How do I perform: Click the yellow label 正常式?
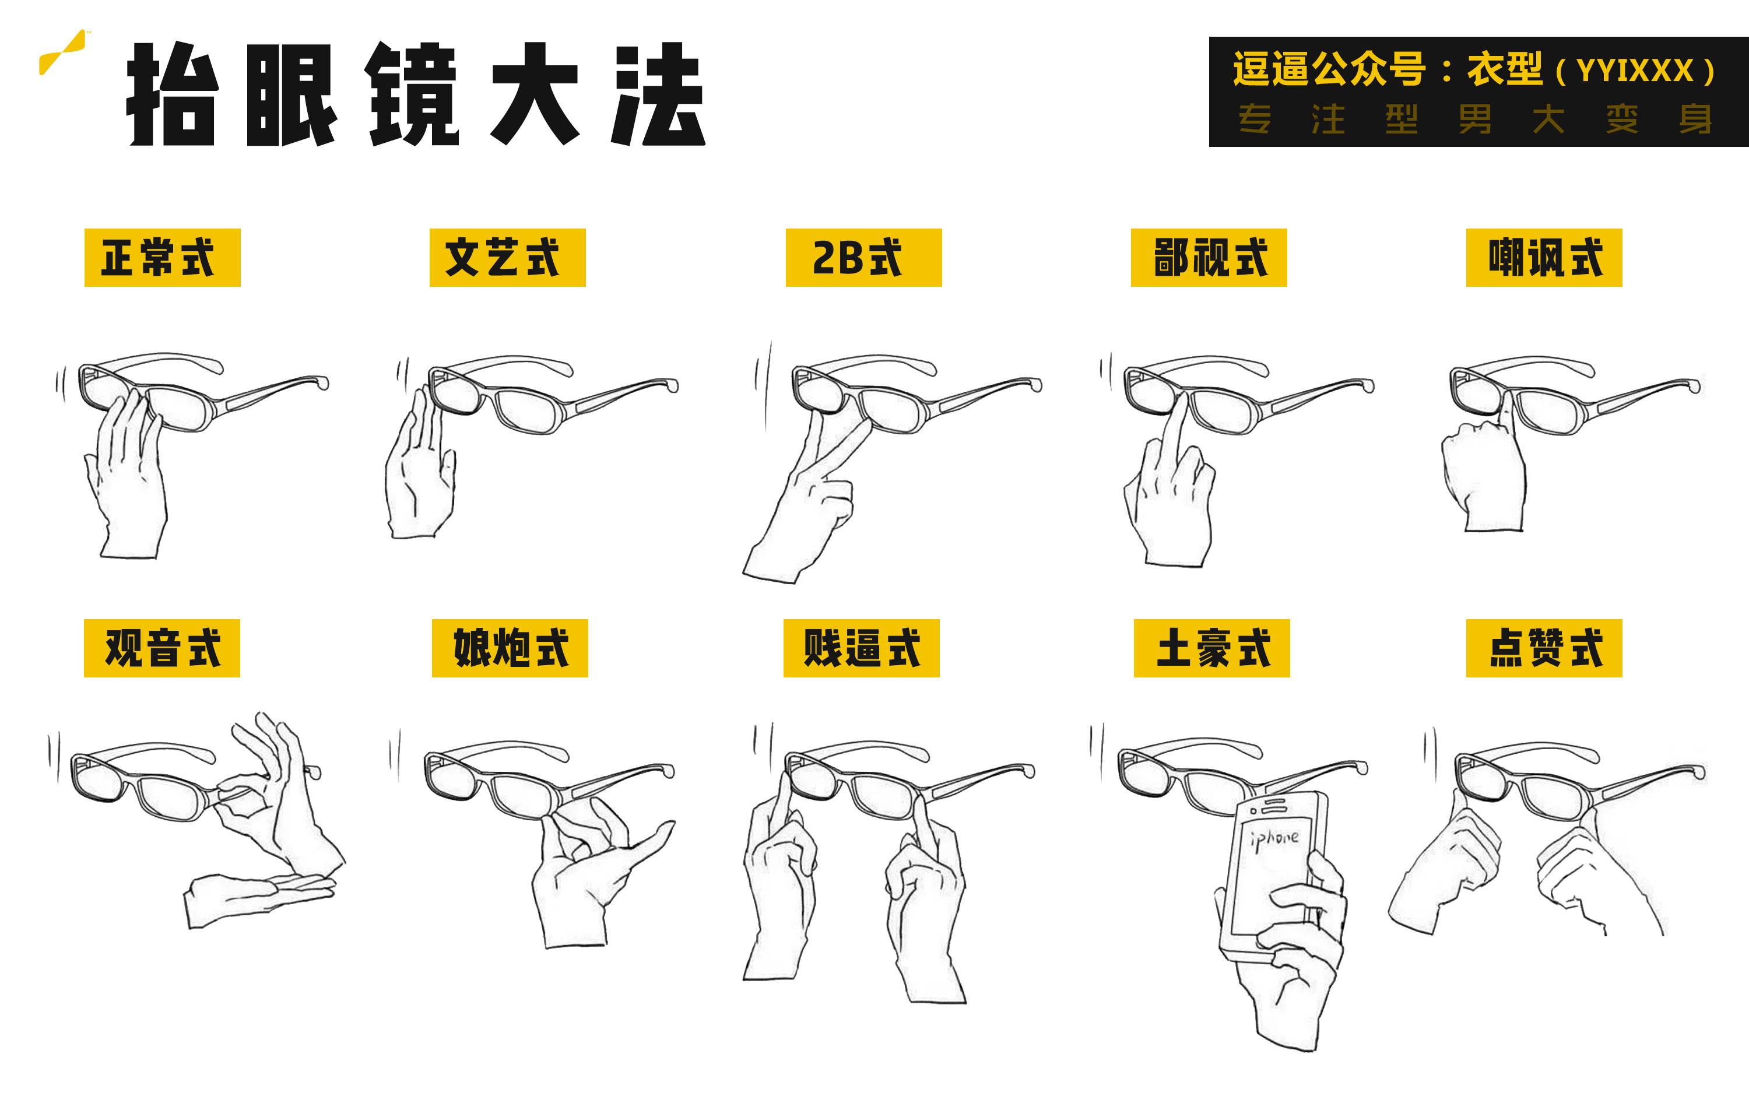click(x=162, y=257)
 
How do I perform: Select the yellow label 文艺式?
click(x=507, y=257)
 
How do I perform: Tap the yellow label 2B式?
click(x=863, y=257)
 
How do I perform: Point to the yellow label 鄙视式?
click(x=1209, y=257)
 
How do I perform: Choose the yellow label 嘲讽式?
click(x=1544, y=257)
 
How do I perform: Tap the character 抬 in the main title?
click(x=173, y=94)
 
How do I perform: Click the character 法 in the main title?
click(x=658, y=94)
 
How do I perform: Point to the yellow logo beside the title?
click(x=62, y=52)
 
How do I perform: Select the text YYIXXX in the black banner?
click(x=1635, y=71)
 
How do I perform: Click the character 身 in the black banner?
click(x=1695, y=119)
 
